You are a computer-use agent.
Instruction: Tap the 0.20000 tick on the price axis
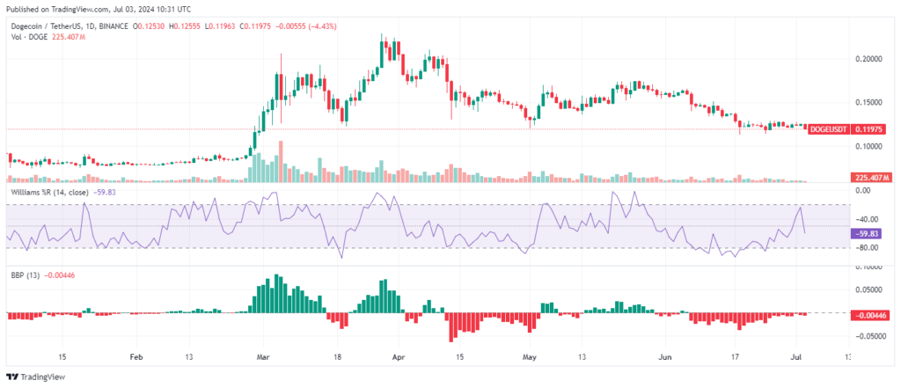tap(868, 59)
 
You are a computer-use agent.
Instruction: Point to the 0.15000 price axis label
tap(868, 102)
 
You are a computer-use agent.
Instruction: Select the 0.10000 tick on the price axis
tap(868, 146)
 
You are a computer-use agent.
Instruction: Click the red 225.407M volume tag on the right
tap(871, 177)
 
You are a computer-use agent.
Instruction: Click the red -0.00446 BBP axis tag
tap(871, 315)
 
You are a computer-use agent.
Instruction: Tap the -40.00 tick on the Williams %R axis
tap(866, 219)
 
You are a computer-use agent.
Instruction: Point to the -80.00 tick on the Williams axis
tap(866, 248)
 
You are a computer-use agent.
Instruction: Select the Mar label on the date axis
tap(262, 357)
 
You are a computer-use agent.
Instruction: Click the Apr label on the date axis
tap(398, 357)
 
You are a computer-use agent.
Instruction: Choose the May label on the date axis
tap(529, 357)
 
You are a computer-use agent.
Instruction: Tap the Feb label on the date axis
tap(135, 357)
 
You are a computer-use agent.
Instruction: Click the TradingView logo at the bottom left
tap(35, 377)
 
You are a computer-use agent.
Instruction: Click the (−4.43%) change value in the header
tap(324, 26)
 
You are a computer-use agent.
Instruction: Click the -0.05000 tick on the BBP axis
tap(868, 337)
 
